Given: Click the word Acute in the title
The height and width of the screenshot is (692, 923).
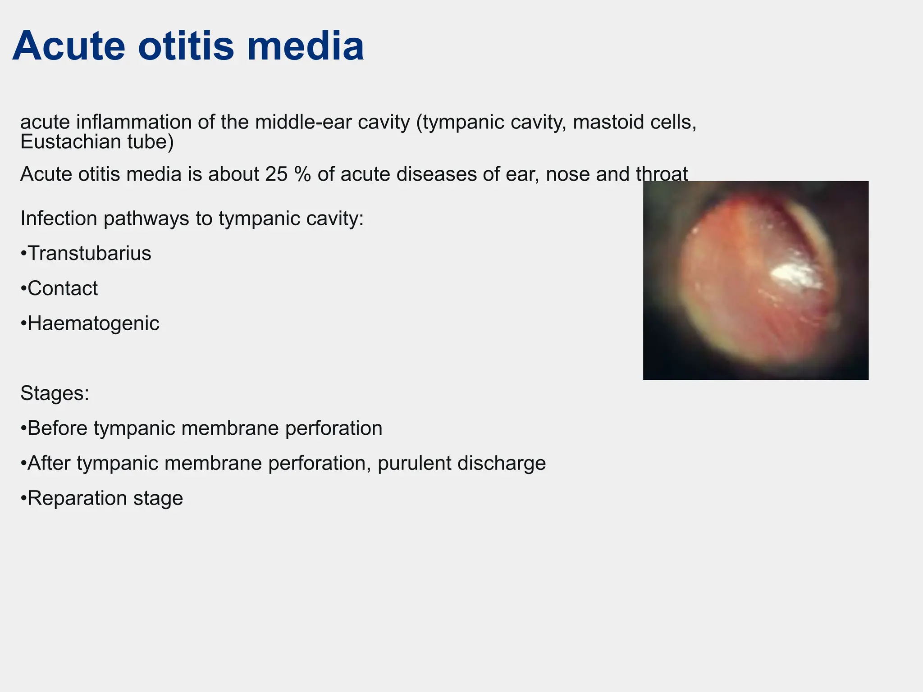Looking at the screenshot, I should pos(69,46).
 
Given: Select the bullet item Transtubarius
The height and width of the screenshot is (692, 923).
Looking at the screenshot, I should pos(89,253).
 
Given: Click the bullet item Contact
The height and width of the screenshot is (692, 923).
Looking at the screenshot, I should pos(62,288).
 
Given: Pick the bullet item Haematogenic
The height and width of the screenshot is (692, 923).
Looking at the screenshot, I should pos(93,323).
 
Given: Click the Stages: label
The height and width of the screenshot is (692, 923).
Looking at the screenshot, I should pos(55,393).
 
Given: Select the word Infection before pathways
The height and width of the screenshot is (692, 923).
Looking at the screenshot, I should pos(59,219).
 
